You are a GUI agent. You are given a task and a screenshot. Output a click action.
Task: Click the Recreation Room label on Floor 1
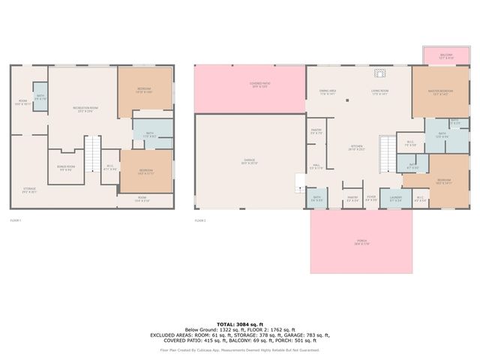tap(85, 109)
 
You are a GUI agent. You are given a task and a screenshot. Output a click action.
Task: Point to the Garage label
tap(250, 161)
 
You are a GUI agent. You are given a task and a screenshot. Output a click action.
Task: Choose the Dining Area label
tap(328, 92)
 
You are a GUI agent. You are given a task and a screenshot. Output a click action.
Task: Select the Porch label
tap(361, 242)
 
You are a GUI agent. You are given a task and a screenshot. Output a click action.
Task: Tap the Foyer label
tap(371, 199)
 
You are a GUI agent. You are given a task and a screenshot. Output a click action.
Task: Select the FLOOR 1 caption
tap(16, 220)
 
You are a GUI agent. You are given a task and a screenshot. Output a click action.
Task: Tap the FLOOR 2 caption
tap(200, 220)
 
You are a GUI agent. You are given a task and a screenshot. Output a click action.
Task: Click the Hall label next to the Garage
tap(316, 167)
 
